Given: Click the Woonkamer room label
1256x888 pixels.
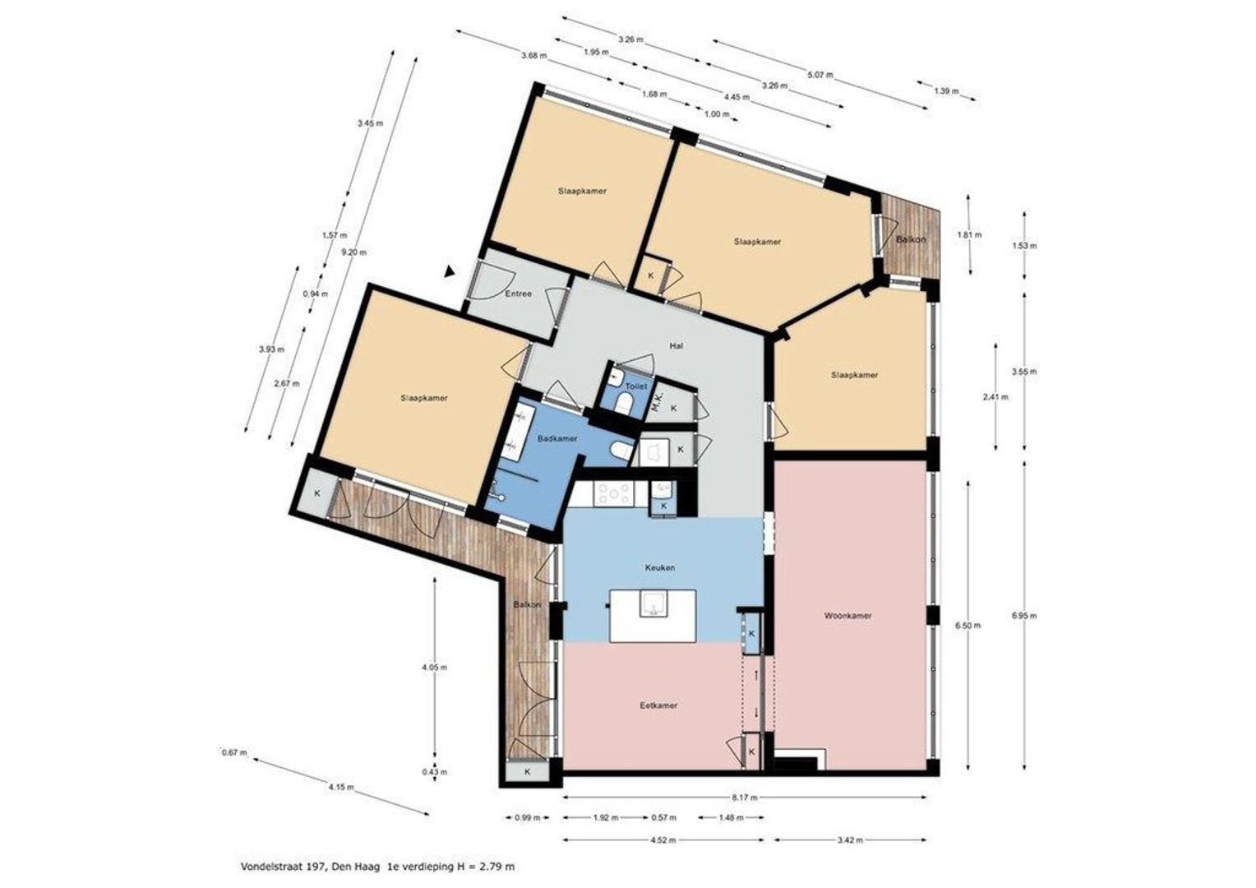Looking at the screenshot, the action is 847,615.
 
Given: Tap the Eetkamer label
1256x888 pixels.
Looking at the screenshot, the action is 658,705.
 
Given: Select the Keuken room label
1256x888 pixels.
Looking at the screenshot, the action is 660,567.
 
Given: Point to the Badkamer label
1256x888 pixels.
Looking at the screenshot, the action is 556,439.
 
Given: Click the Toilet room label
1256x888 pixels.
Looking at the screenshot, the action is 636,386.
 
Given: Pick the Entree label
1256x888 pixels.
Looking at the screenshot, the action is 518,294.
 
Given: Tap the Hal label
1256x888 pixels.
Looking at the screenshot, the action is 676,345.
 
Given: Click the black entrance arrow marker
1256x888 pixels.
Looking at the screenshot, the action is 449,271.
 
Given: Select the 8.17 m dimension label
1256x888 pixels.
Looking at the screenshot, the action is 746,797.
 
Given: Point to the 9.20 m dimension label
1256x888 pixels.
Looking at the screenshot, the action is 353,252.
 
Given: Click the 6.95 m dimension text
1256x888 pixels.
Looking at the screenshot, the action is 1024,615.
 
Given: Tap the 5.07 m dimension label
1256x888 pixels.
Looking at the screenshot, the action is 820,75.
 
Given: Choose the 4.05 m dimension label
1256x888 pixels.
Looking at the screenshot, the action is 435,668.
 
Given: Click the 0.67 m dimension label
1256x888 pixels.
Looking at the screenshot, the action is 234,752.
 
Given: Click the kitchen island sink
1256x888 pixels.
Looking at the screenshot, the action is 653,604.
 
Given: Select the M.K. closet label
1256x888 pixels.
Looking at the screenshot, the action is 658,402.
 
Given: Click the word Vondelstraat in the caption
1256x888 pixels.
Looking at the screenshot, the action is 266,867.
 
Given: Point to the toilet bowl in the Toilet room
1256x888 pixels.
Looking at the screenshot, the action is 624,403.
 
